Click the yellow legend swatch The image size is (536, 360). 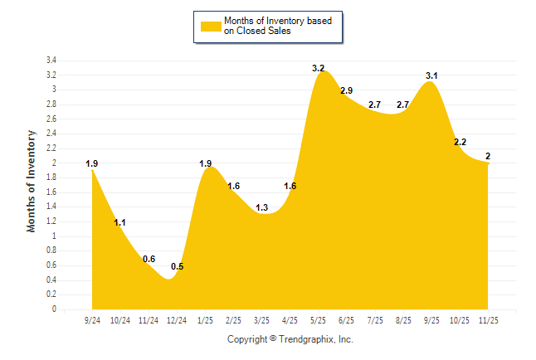[x=209, y=26]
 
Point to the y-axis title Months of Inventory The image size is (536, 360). [x=32, y=180]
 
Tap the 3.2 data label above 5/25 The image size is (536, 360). [x=319, y=68]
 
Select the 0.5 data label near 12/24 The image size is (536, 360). [x=178, y=266]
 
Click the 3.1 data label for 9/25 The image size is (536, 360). [x=431, y=75]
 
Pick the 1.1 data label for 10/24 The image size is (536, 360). [x=120, y=222]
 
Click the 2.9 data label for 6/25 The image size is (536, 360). [x=347, y=90]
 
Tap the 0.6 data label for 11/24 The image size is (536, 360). [x=149, y=259]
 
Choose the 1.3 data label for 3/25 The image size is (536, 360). [x=262, y=207]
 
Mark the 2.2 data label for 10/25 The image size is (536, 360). [x=460, y=142]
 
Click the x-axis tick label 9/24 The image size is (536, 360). [x=93, y=319]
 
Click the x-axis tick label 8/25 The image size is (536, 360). [x=403, y=319]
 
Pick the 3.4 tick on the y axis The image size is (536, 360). [x=51, y=61]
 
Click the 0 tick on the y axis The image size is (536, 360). [x=54, y=309]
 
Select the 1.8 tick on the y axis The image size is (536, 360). [x=51, y=178]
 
